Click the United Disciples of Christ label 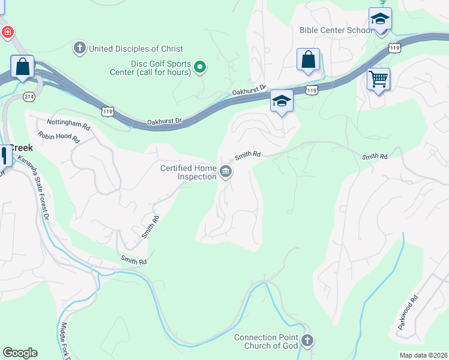(x=135, y=49)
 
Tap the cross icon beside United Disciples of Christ (x=79, y=48)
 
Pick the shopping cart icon (x=378, y=79)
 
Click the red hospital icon (x=8, y=32)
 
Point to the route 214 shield (x=28, y=96)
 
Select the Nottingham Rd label (x=68, y=123)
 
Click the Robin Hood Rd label (x=58, y=137)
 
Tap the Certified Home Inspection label (x=188, y=172)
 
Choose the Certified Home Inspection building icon (x=226, y=172)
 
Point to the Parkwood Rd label (x=408, y=312)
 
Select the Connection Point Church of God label (x=266, y=341)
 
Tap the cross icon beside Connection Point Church (x=307, y=341)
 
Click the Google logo (x=20, y=353)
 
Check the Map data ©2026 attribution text (x=423, y=355)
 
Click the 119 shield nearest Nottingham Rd (x=107, y=112)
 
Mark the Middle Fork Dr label (x=65, y=342)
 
